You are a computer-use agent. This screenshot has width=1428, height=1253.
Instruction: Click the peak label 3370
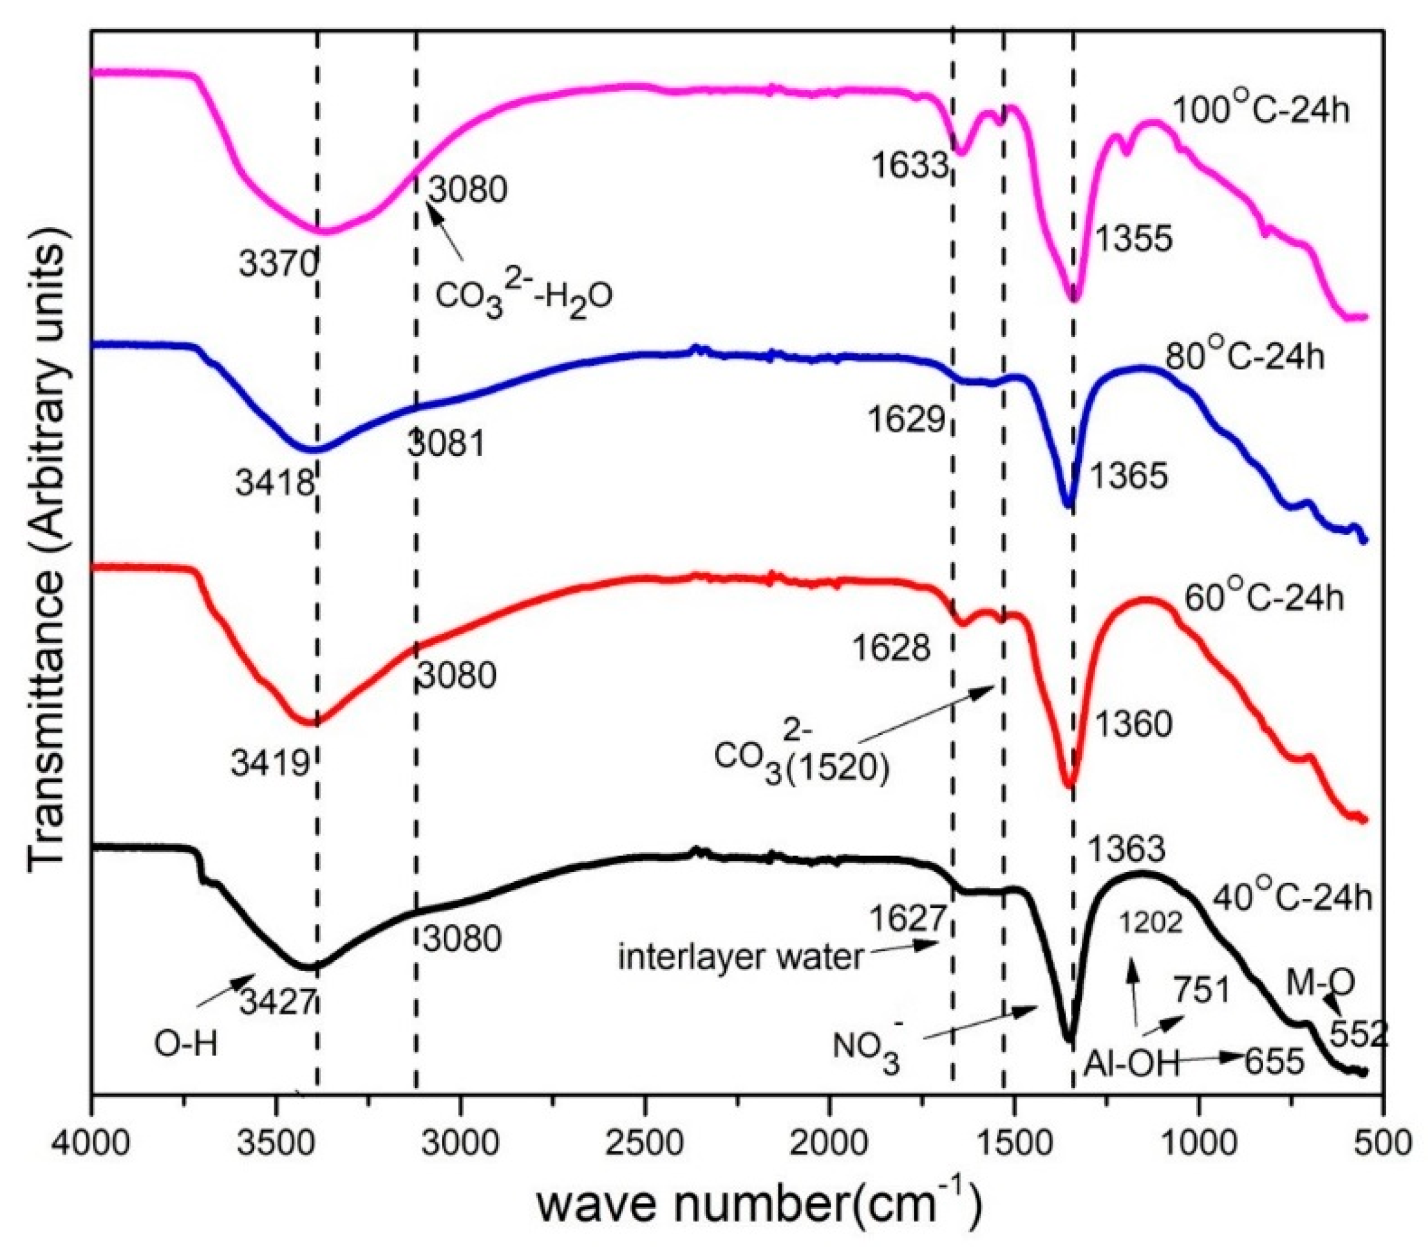click(278, 265)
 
